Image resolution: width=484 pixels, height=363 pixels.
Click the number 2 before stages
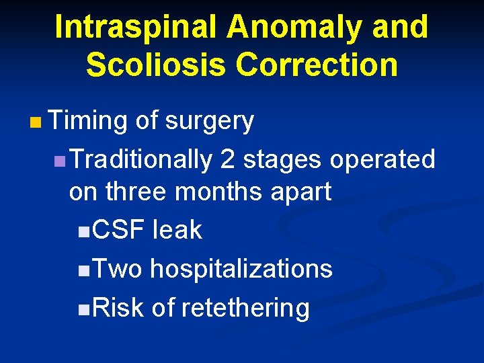pos(228,160)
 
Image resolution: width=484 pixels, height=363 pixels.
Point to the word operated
pos(382,160)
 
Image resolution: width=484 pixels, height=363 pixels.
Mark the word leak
pos(177,231)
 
